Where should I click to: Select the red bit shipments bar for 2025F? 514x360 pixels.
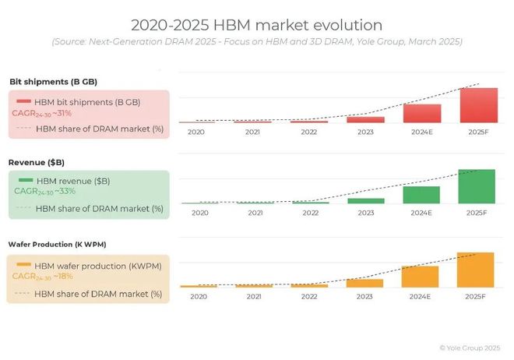pos(478,105)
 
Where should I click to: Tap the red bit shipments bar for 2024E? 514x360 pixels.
pos(422,114)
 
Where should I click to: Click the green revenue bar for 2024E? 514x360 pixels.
pos(421,195)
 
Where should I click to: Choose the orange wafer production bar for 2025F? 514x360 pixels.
pos(476,270)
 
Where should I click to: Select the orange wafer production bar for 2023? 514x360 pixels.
pos(365,283)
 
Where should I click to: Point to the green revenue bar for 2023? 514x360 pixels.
pos(365,200)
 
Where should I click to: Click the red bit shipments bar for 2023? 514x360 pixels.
pos(365,119)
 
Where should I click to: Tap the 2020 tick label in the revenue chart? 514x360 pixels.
pos(199,213)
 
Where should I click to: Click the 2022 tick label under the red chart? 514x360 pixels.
pos(310,132)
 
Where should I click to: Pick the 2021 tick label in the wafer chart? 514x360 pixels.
pos(254,296)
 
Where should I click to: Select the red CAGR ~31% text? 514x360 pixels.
pos(43,113)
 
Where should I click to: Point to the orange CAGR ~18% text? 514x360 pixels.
pos(44,277)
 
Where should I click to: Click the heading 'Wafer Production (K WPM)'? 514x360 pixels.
pos(52,244)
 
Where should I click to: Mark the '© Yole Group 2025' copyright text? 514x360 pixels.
pos(469,348)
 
